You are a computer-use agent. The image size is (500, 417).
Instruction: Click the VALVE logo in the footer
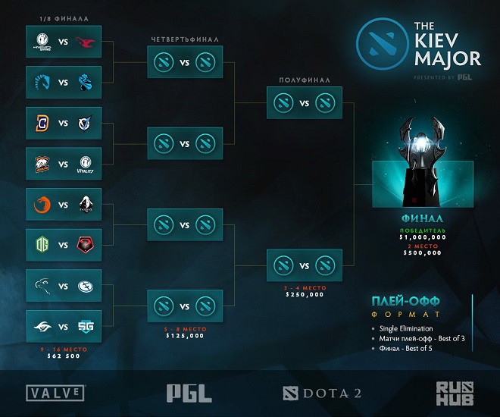coord(56,393)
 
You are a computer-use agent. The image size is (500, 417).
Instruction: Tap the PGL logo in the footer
coord(189,392)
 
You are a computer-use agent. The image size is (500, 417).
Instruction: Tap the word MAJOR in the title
coord(447,58)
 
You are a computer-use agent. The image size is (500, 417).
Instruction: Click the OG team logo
coord(41,245)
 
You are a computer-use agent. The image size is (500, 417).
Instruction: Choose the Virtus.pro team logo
coord(41,163)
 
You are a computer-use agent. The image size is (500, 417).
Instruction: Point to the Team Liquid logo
coord(41,81)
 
